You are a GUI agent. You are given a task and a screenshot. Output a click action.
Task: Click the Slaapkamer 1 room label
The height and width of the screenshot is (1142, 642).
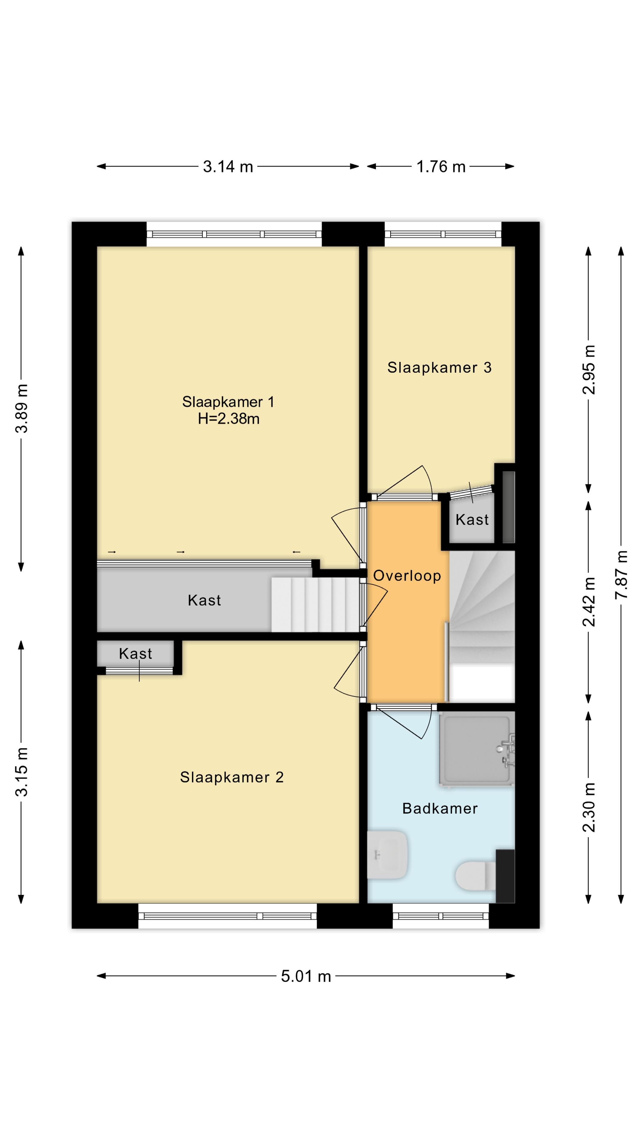pyautogui.click(x=228, y=402)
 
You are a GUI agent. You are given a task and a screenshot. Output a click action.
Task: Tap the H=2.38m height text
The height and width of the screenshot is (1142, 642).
pyautogui.click(x=229, y=418)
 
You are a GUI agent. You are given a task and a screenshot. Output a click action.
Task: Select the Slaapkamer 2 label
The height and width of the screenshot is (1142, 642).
pyautogui.click(x=232, y=777)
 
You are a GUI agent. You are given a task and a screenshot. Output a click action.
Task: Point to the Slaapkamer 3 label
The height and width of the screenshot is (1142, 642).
pyautogui.click(x=440, y=368)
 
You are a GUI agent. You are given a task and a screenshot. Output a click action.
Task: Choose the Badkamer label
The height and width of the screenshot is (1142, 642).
pyautogui.click(x=440, y=808)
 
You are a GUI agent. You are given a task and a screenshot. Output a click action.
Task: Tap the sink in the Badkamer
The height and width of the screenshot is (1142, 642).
pyautogui.click(x=387, y=855)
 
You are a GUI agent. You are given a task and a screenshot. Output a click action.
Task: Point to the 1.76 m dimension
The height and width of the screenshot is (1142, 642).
pyautogui.click(x=441, y=167)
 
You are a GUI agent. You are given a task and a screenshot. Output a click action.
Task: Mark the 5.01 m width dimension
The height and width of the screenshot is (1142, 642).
pyautogui.click(x=306, y=976)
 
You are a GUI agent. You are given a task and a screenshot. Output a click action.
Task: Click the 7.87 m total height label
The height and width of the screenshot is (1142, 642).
pyautogui.click(x=621, y=575)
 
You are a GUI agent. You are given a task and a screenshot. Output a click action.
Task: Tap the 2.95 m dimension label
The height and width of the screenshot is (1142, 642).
pyautogui.click(x=589, y=370)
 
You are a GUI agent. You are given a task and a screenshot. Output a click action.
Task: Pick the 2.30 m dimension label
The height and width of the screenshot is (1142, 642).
pyautogui.click(x=589, y=807)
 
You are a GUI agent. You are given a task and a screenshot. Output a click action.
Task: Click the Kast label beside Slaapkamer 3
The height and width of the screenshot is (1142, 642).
pyautogui.click(x=472, y=520)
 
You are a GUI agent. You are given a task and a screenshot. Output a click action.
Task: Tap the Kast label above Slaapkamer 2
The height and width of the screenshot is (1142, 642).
pyautogui.click(x=136, y=653)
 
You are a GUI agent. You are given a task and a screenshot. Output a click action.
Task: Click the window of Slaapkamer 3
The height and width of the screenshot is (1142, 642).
pyautogui.click(x=443, y=234)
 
